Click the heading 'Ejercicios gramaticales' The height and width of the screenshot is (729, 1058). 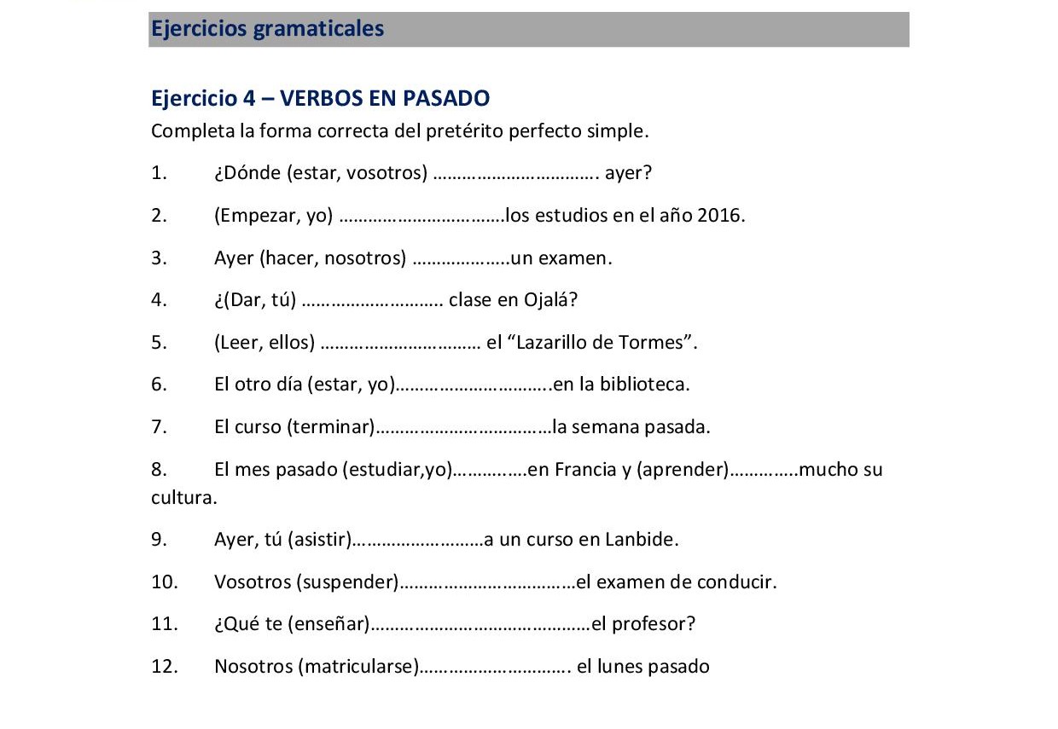[x=267, y=29]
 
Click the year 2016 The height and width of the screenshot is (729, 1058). [x=720, y=215]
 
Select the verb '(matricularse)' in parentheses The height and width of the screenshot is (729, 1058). [x=358, y=667]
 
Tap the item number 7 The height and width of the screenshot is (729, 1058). [x=159, y=427]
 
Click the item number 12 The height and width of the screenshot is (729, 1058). [x=164, y=667]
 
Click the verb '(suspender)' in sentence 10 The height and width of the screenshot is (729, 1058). [x=347, y=582]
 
